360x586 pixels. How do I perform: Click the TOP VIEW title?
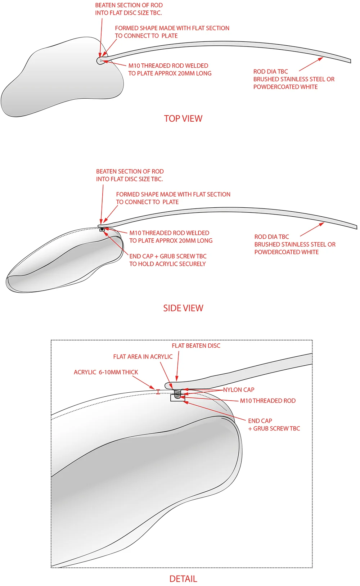coord(183,118)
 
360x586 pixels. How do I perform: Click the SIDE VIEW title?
coord(183,308)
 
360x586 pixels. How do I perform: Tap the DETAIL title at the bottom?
coord(183,579)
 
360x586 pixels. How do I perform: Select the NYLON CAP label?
coord(239,390)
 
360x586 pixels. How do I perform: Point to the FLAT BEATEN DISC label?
coord(196,346)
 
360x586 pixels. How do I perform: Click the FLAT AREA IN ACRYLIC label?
coord(143,357)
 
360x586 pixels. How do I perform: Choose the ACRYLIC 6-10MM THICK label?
coord(106,372)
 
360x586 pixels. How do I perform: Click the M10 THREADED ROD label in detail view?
coord(268,401)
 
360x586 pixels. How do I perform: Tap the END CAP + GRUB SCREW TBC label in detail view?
coord(274,425)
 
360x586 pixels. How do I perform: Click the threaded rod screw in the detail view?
coord(177,393)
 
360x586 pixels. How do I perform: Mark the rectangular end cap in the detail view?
coord(177,398)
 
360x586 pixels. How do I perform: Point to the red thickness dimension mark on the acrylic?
coord(158,392)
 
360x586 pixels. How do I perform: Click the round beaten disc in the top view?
coord(100,60)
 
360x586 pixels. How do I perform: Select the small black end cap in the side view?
coord(102,229)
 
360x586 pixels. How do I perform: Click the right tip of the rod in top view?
coord(350,60)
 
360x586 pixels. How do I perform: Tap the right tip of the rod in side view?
coord(356,227)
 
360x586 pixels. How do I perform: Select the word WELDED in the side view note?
coord(197,233)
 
